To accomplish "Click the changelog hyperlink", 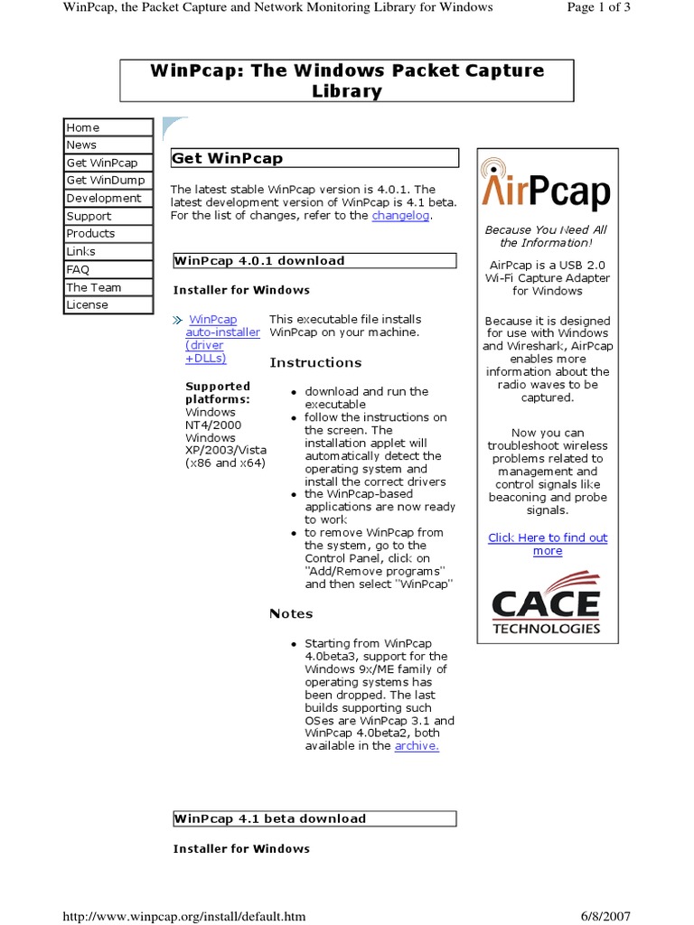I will pos(400,216).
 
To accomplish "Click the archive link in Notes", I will pos(417,746).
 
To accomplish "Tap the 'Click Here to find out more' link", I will pos(548,544).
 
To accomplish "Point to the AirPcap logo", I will pos(546,187).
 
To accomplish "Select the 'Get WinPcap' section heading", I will pos(227,158).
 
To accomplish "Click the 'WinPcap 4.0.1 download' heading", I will pos(259,261).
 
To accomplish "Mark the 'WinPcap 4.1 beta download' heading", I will pos(269,818).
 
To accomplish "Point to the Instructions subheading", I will pos(315,362).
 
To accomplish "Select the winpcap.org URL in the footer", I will pos(183,916).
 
